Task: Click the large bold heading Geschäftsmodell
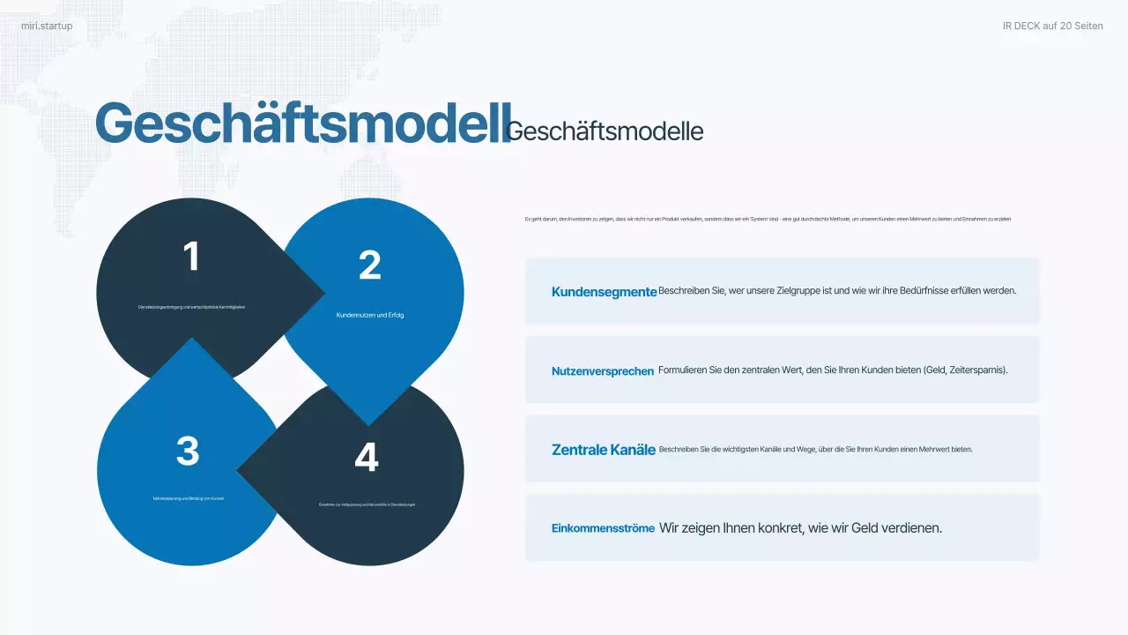click(302, 123)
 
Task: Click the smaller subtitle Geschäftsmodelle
click(605, 131)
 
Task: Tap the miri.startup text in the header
click(47, 26)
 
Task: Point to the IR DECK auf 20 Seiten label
click(1052, 26)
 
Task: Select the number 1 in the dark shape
click(191, 257)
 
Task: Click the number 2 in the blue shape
click(369, 265)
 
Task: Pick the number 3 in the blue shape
click(188, 451)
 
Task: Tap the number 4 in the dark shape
click(367, 457)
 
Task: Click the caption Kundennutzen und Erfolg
click(370, 315)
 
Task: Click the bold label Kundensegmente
click(604, 292)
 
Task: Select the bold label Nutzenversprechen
click(603, 371)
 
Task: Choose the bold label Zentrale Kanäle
click(604, 450)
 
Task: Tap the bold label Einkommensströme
click(603, 528)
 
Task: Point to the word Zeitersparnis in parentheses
click(975, 370)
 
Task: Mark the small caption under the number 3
click(189, 498)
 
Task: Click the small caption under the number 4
click(367, 504)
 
